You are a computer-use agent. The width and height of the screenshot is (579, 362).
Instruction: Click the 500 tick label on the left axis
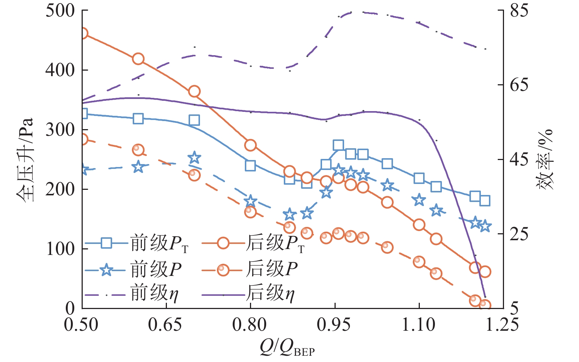tap(60, 11)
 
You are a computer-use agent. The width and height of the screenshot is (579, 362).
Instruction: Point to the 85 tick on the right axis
tap(519, 11)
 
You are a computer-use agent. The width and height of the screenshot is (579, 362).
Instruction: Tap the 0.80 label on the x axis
tap(250, 325)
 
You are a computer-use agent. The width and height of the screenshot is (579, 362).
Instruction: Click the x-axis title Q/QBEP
tap(287, 347)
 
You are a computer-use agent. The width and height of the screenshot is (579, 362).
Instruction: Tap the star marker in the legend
tap(107, 270)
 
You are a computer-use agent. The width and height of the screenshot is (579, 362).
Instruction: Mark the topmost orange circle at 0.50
tap(83, 33)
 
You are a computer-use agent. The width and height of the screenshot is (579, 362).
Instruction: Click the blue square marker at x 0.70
tap(194, 120)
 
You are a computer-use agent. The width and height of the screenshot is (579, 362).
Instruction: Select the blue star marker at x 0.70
tap(194, 158)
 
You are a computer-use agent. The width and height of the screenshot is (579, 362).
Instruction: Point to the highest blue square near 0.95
tap(338, 145)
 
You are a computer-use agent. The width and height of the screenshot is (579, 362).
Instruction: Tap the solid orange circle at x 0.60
tap(138, 59)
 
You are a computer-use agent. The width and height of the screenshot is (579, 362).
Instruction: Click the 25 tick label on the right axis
tap(519, 234)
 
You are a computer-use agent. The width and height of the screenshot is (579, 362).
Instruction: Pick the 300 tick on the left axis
tap(60, 130)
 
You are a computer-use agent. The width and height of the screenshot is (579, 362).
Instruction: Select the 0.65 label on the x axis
tap(165, 325)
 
